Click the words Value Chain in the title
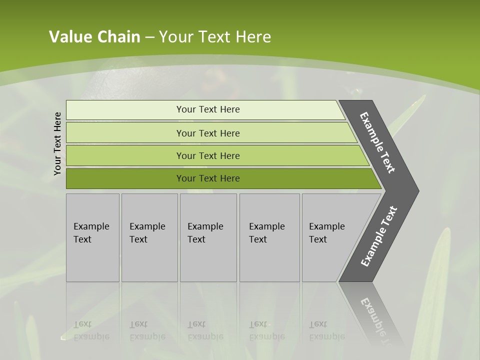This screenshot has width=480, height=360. [x=94, y=37]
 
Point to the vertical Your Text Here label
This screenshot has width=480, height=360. [x=57, y=144]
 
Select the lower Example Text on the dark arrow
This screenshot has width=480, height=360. [x=378, y=236]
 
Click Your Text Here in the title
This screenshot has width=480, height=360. [x=215, y=37]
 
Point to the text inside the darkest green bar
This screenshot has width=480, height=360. [x=208, y=178]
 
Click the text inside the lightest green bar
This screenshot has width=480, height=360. [x=208, y=109]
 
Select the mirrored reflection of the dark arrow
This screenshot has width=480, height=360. [x=372, y=310]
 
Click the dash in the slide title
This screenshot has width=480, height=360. [x=149, y=37]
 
